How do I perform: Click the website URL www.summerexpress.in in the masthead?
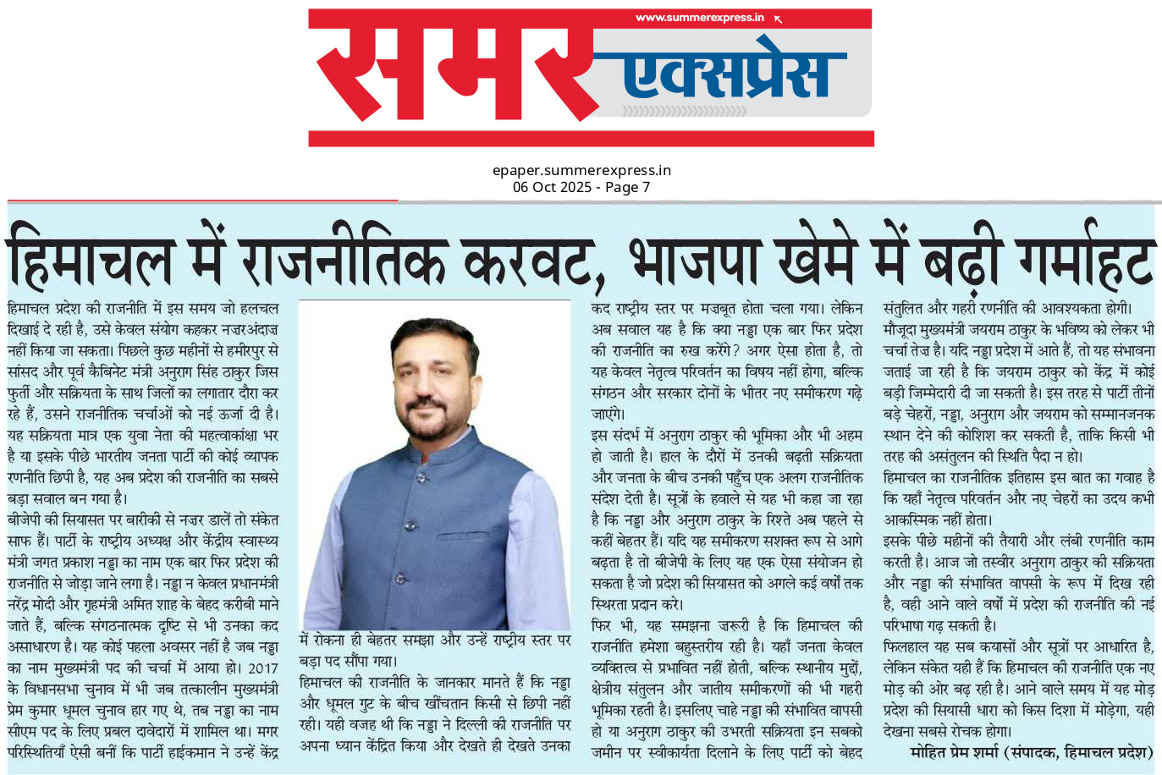(x=699, y=18)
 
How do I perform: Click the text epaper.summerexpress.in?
(x=581, y=170)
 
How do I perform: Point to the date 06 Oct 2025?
(x=552, y=187)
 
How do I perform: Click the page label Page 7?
(x=628, y=187)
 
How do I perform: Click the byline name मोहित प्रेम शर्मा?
(x=953, y=752)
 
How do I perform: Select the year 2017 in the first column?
(x=263, y=668)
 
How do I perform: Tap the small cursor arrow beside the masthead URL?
(x=779, y=19)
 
